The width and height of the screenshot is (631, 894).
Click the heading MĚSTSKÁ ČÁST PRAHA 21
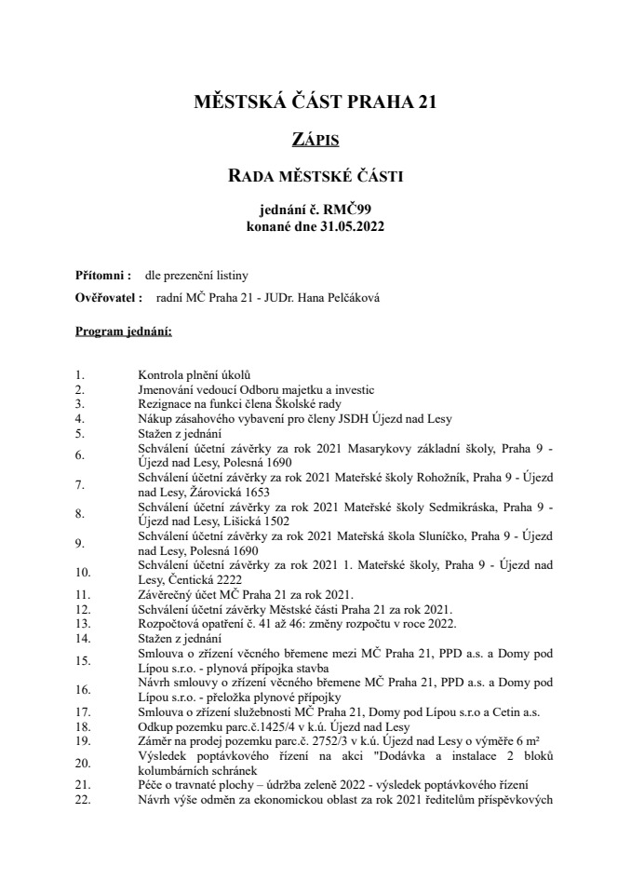point(315,102)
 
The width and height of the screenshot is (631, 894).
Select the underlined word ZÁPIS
point(315,140)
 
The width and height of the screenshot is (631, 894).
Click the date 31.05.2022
point(350,226)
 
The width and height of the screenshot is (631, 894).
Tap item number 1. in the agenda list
point(80,375)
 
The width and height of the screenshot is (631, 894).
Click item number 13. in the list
point(83,621)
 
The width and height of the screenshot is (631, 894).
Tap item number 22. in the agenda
point(83,800)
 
